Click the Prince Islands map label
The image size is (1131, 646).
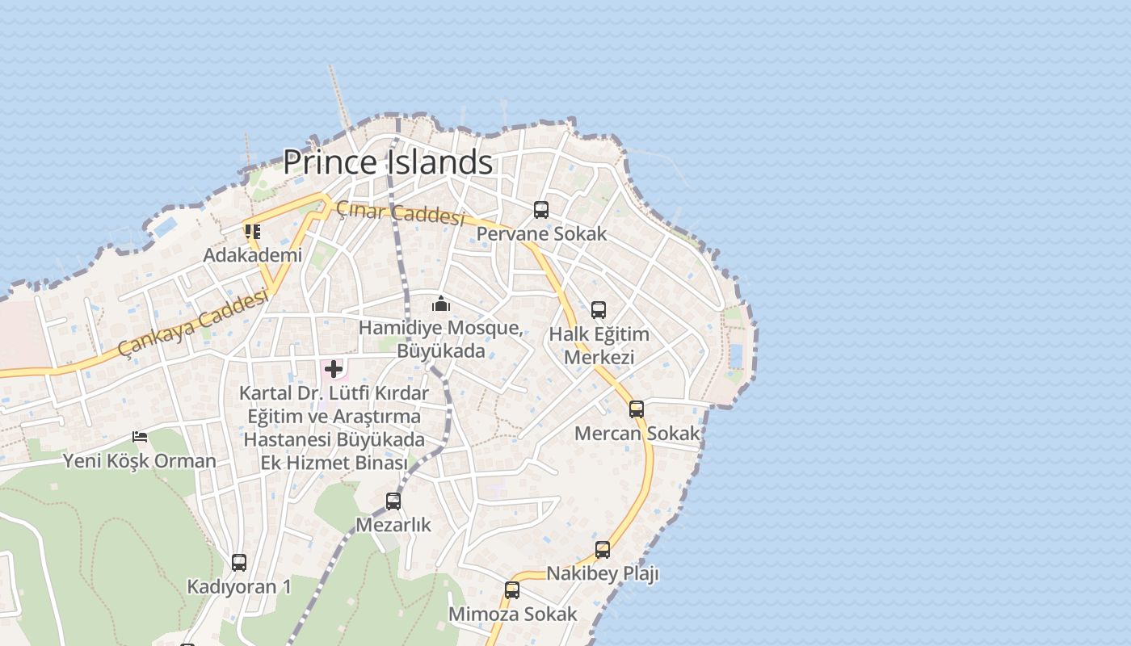(388, 162)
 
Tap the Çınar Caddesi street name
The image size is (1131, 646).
(401, 213)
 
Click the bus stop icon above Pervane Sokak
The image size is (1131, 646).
(541, 210)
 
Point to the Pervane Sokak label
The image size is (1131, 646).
(541, 234)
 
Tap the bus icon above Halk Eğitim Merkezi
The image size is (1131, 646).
(599, 310)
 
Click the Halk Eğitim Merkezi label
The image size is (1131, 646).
(599, 346)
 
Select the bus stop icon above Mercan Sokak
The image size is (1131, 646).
(637, 409)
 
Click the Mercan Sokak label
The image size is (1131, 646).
(637, 434)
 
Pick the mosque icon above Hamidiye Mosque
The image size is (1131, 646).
(441, 304)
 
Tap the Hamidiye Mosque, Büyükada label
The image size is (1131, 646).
(441, 339)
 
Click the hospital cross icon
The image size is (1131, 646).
(334, 370)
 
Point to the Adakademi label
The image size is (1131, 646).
(253, 255)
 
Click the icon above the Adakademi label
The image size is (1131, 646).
(253, 232)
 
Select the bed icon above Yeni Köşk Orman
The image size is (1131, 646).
(140, 437)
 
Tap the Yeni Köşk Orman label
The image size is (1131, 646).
(140, 461)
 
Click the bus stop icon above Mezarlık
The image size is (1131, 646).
(393, 501)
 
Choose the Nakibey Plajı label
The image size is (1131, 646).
(603, 574)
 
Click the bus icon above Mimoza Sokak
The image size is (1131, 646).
(512, 590)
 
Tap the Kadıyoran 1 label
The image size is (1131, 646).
(239, 587)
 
